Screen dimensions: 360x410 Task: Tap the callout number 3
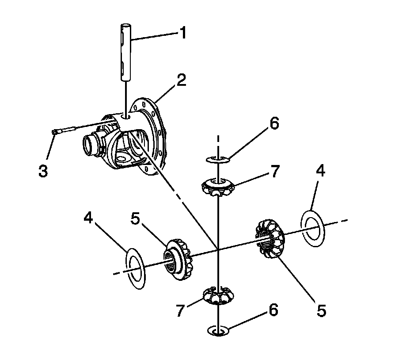pos(43,171)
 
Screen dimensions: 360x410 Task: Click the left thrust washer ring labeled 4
pos(136,269)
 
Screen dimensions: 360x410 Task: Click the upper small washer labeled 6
pos(217,158)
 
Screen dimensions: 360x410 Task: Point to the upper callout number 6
pos(274,124)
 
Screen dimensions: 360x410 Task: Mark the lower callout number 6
pos(273,311)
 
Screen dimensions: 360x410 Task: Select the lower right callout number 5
pos(321,310)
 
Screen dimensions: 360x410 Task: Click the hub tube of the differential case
pos(94,144)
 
